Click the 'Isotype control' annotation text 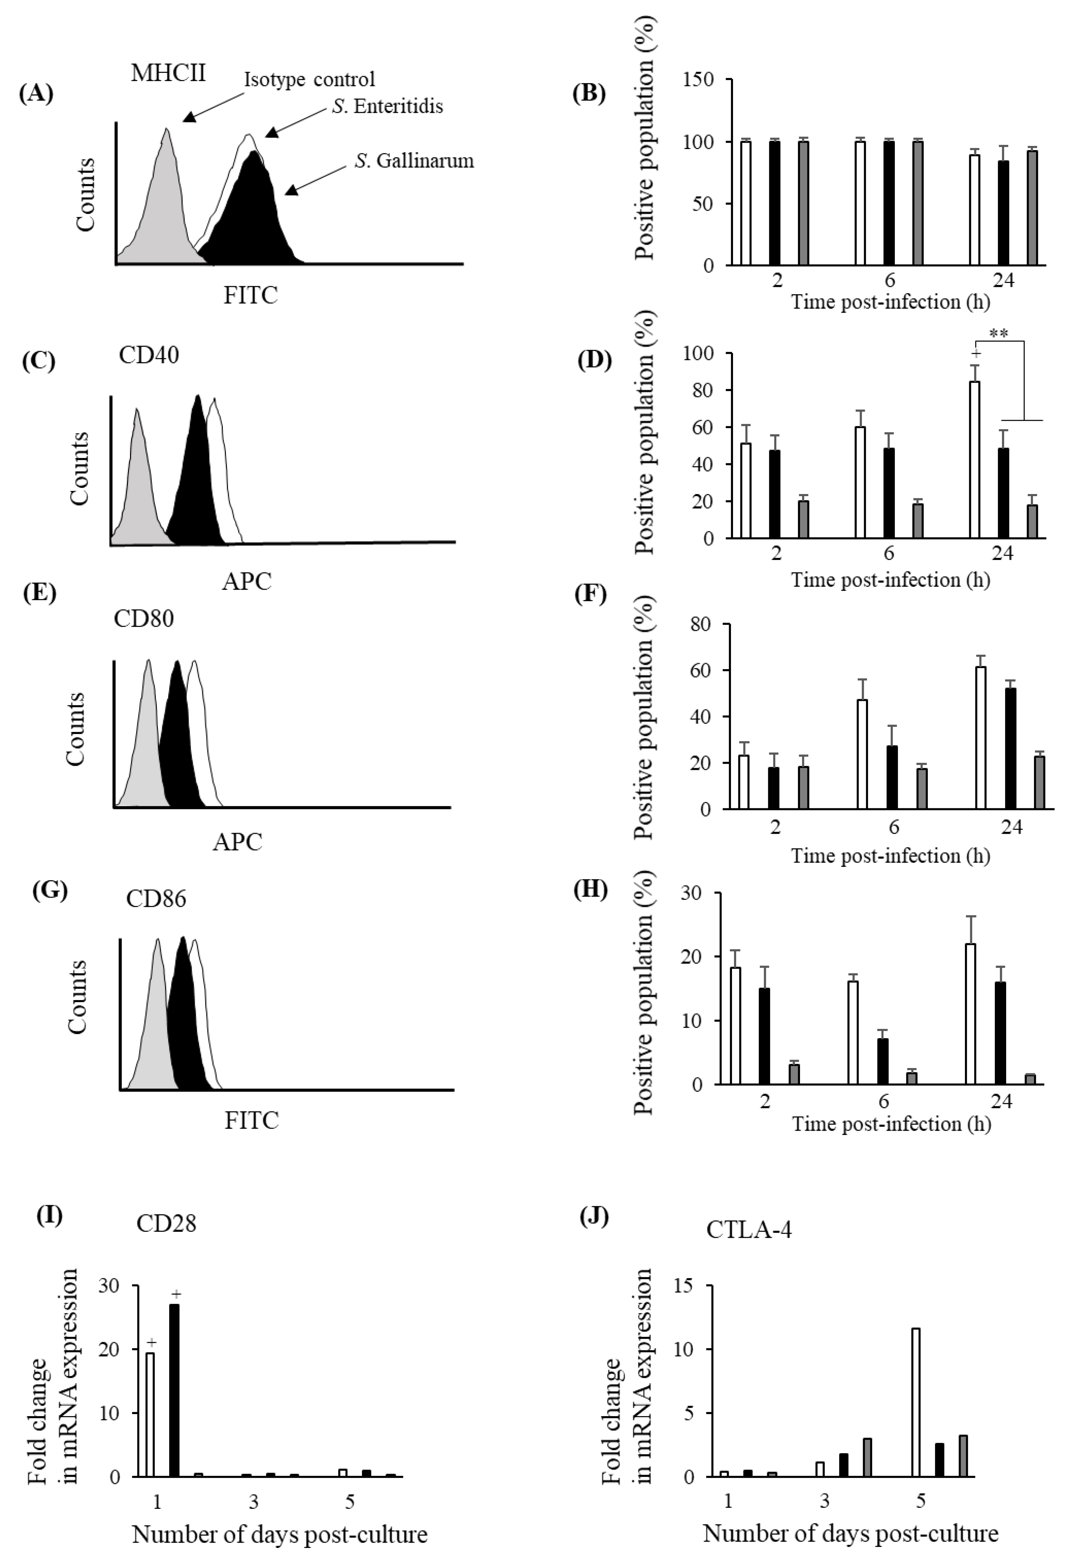pyautogui.click(x=309, y=79)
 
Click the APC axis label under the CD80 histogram pyautogui.click(x=237, y=841)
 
